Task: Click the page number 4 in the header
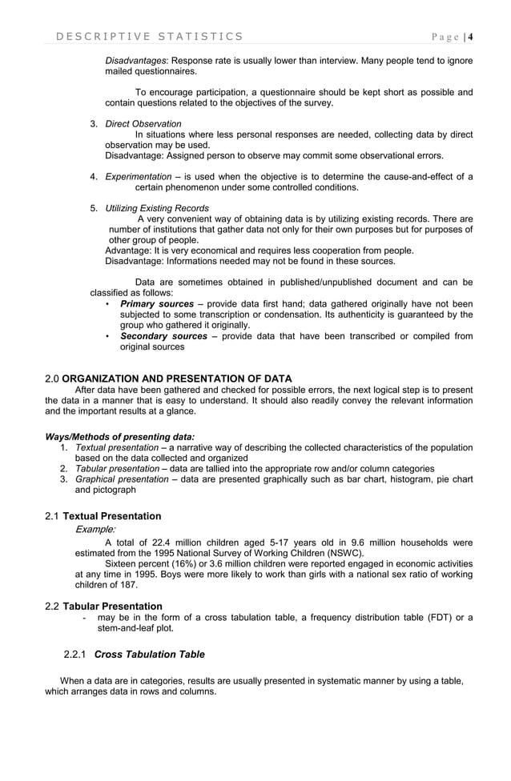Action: coord(471,36)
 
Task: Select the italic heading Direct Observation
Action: coord(143,124)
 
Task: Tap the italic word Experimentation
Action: coord(137,177)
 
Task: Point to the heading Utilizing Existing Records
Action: coord(157,208)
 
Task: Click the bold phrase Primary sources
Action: coord(156,304)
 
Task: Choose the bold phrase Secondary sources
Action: coord(163,336)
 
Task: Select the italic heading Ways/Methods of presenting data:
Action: coord(119,437)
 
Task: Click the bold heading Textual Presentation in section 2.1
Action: coord(112,516)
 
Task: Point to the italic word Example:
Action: coord(95,529)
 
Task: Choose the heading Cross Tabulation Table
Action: coord(150,655)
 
